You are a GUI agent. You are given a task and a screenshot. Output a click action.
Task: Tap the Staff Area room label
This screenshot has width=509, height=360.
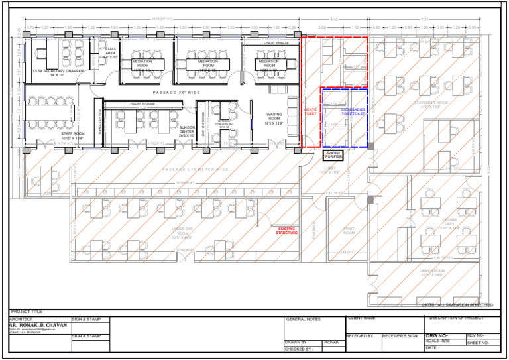[x=111, y=54]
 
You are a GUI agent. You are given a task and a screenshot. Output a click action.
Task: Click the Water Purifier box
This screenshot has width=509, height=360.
[x=333, y=155]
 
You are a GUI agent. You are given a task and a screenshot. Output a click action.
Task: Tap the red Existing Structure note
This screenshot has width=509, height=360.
[x=287, y=231]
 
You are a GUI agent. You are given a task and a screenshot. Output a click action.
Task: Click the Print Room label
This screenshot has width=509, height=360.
[x=349, y=231]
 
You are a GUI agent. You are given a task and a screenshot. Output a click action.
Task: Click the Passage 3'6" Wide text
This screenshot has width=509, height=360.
[x=176, y=93]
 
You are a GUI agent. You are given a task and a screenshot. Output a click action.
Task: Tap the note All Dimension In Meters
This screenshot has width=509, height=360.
[x=457, y=305]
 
